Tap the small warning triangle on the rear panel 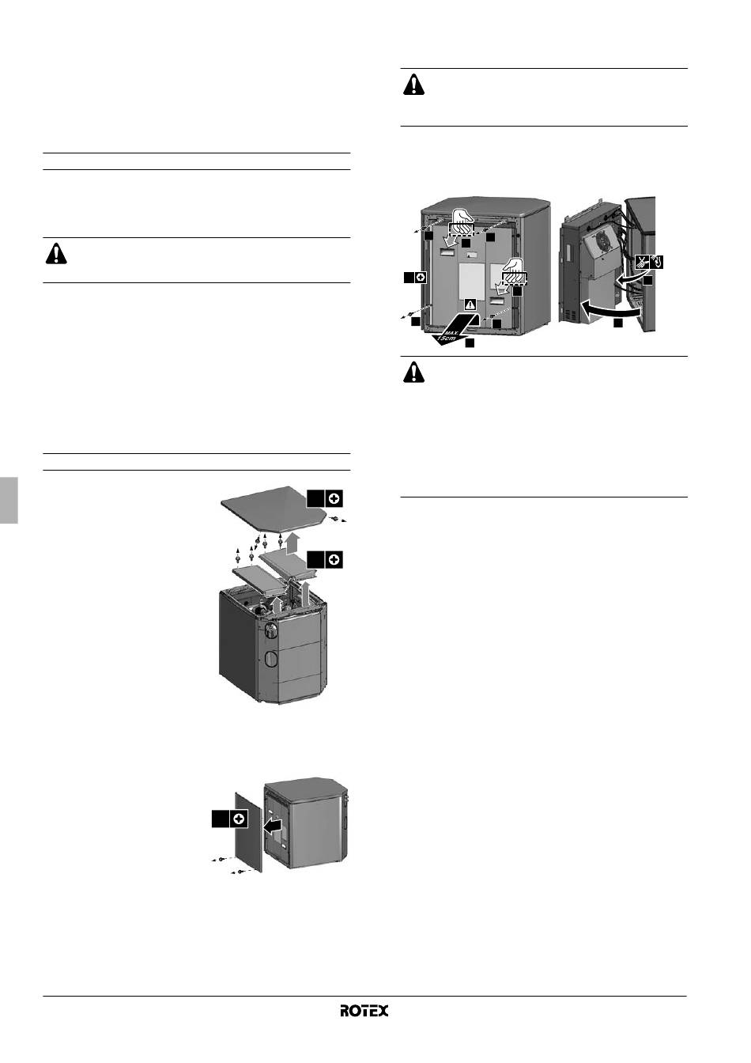(470, 305)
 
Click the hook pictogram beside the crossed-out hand (657, 262)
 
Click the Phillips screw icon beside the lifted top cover (334, 499)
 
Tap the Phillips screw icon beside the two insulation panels (334, 560)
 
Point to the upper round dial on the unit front (271, 630)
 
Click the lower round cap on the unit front (271, 660)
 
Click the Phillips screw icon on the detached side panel (239, 819)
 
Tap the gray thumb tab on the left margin (9, 500)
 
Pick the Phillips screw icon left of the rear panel (421, 278)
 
